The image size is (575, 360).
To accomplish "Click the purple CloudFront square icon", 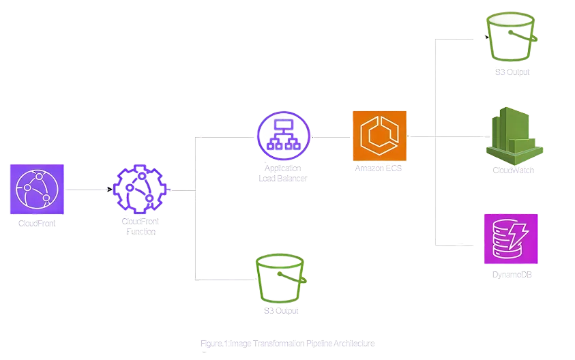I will point(38,187).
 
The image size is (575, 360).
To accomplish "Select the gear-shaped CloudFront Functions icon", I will point(142,190).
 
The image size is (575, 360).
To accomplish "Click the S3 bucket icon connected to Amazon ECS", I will point(510,37).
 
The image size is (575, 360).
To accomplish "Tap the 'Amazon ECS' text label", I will point(379,168).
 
